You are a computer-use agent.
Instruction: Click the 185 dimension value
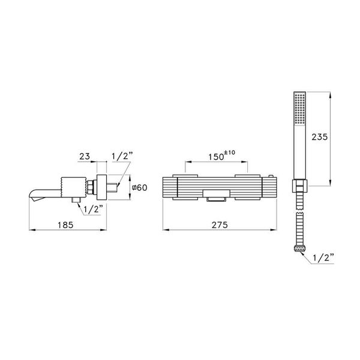pyautogui.click(x=67, y=225)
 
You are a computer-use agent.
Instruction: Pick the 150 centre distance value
pyautogui.click(x=217, y=158)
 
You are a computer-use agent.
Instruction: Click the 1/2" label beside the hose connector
pyautogui.click(x=324, y=259)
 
